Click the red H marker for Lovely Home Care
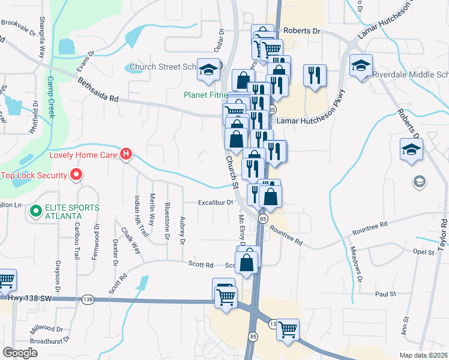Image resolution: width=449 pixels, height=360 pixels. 126,154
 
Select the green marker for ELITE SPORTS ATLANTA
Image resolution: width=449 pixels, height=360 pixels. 36,211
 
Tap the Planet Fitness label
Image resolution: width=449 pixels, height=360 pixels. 205,95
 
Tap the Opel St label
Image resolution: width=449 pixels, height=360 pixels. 423,253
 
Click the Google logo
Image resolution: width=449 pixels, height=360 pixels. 20,353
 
